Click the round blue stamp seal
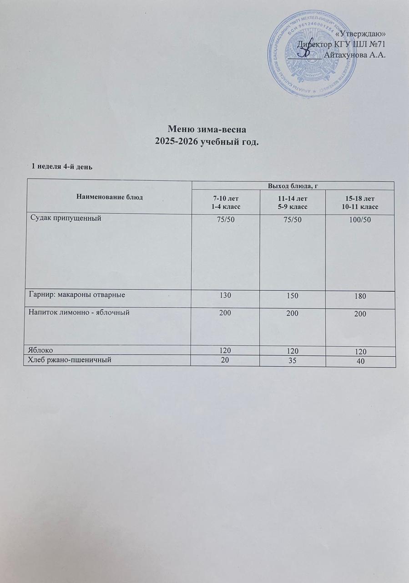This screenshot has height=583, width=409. (309, 54)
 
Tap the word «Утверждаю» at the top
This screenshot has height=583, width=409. (363, 34)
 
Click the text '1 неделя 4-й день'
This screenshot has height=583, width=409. (61, 167)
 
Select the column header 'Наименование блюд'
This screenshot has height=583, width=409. (110, 197)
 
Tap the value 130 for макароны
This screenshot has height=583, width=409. (226, 295)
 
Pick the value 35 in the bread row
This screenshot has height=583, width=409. (293, 360)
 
